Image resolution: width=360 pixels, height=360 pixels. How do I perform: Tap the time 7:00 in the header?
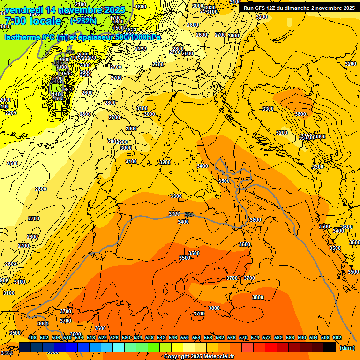(15, 21)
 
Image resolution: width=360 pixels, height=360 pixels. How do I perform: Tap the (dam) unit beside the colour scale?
(346, 348)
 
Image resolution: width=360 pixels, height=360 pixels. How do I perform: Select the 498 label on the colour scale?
(32, 337)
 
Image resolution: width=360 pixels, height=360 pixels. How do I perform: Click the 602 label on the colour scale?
(337, 337)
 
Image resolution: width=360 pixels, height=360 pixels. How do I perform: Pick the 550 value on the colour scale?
(185, 337)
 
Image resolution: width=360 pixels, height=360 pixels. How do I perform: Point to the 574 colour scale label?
(255, 337)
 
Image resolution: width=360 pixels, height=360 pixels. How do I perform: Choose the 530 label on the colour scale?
(126, 337)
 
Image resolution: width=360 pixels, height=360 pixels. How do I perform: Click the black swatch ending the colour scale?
(330, 347)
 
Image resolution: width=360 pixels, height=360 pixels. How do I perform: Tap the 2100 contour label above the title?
(80, 5)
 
